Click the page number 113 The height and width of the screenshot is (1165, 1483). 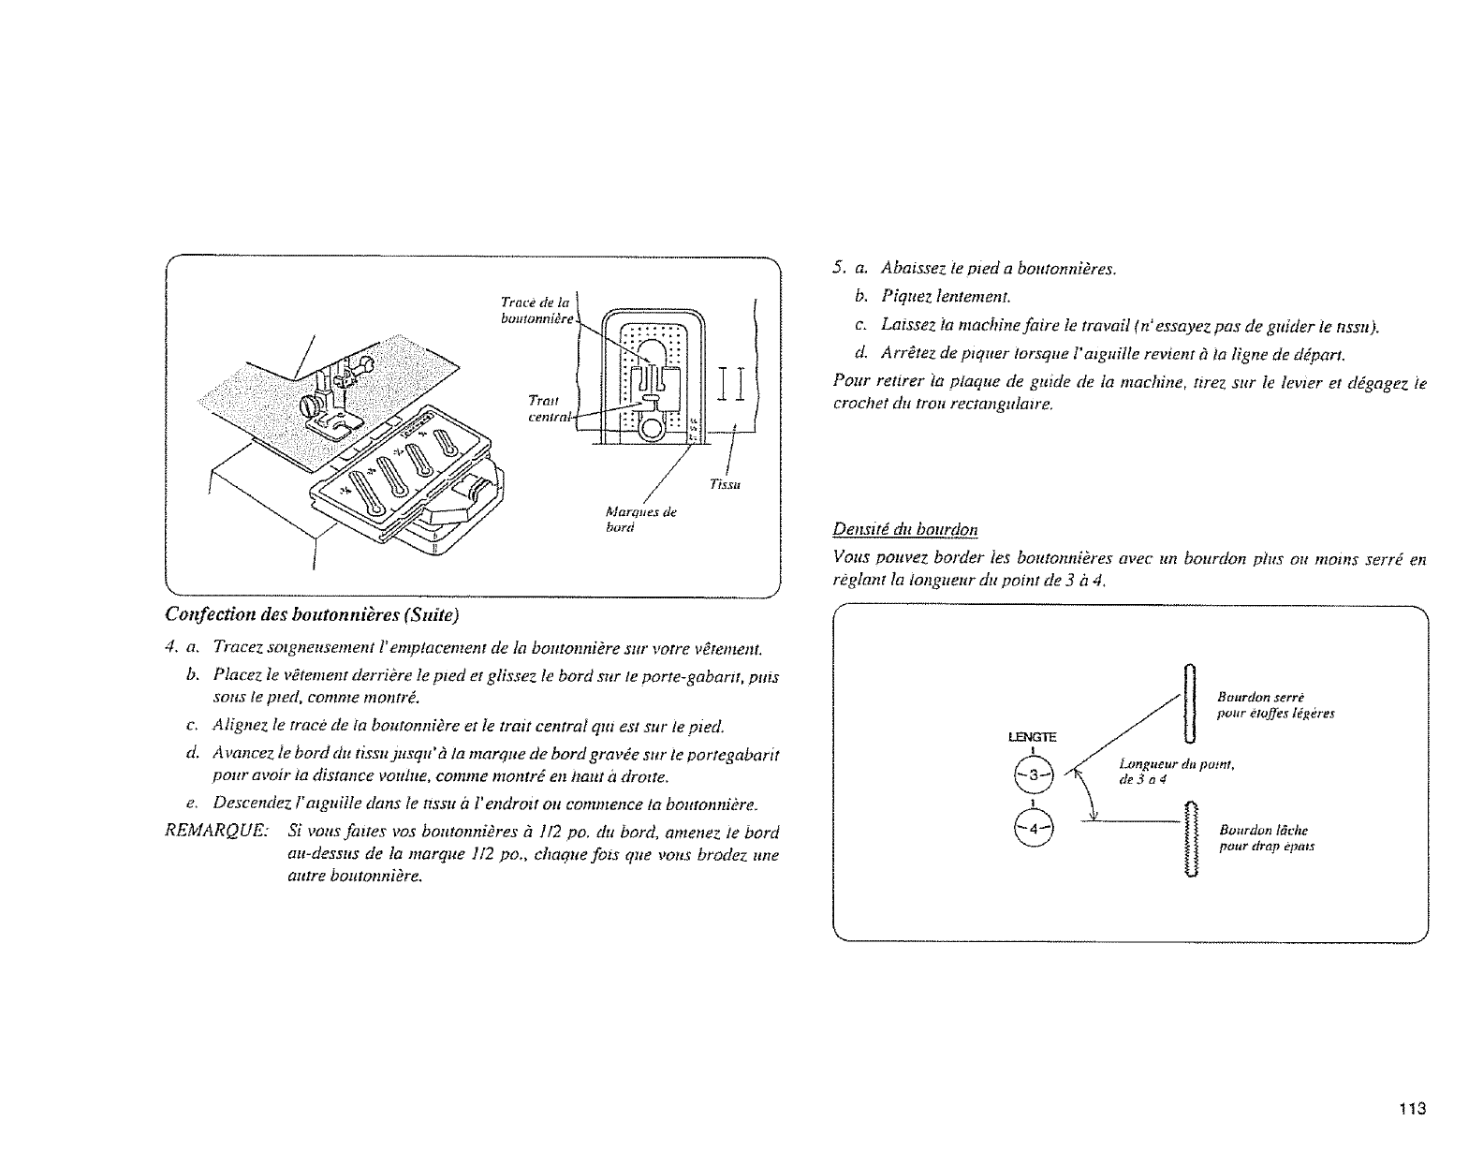coord(1411,1110)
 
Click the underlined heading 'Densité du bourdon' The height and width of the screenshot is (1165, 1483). coord(905,530)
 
